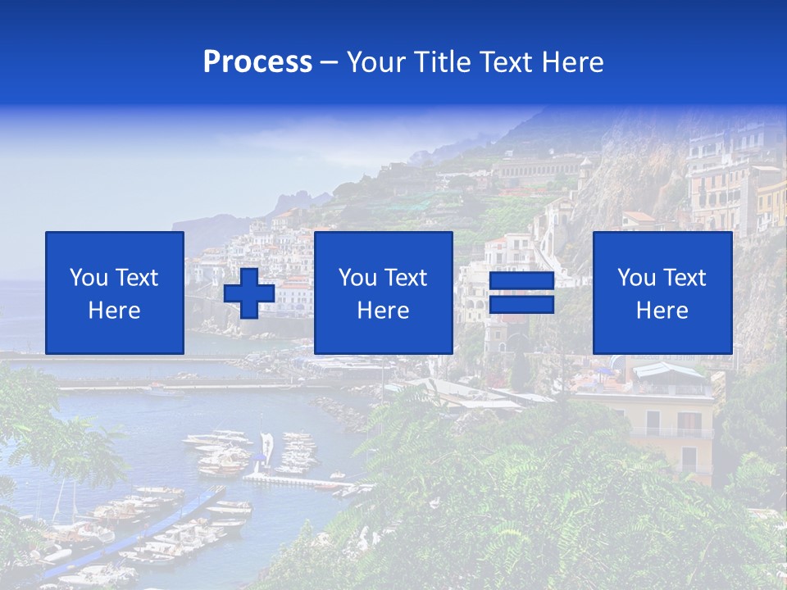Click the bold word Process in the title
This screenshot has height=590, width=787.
[257, 62]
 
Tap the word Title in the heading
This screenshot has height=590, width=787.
[444, 62]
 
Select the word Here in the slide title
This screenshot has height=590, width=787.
[573, 62]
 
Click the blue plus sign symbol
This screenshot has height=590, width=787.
[249, 293]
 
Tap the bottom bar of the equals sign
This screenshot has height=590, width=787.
[521, 305]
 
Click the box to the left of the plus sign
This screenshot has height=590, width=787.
[115, 293]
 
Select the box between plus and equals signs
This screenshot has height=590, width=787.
[383, 293]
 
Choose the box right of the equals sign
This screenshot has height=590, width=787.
[662, 293]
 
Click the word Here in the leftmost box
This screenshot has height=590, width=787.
[115, 311]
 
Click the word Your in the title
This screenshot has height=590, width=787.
[376, 62]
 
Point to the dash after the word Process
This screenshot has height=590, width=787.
[329, 63]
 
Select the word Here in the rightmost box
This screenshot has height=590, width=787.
[662, 311]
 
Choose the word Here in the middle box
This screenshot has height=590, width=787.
[383, 311]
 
